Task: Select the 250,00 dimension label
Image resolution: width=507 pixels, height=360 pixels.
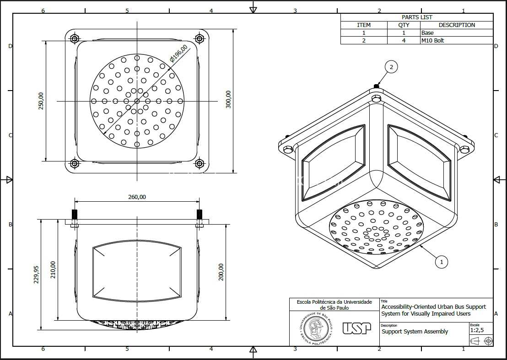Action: point(41,101)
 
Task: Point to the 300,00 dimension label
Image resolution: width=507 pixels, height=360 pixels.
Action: point(228,99)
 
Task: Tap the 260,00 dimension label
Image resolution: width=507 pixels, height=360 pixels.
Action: point(137,197)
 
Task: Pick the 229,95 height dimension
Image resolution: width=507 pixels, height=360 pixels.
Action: point(36,274)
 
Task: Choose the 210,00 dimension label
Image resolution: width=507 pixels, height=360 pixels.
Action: point(53,270)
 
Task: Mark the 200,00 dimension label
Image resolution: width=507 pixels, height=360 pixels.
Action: point(221,272)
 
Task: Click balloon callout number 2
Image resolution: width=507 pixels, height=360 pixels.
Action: point(391,67)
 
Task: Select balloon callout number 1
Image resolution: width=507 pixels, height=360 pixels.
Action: point(442,262)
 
